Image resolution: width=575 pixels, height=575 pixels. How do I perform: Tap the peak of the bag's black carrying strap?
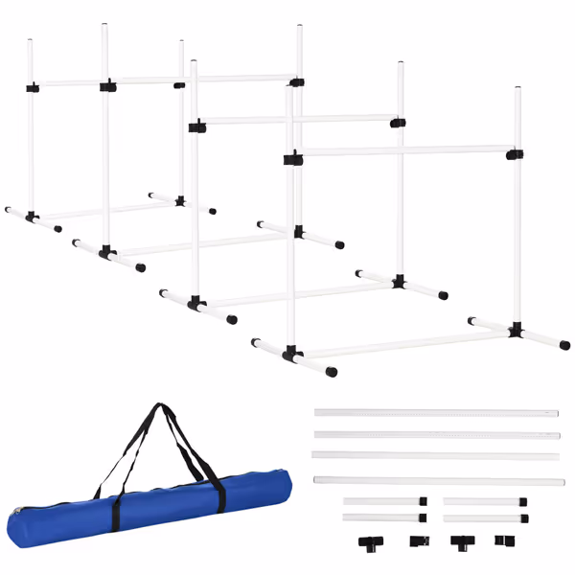click(x=159, y=407)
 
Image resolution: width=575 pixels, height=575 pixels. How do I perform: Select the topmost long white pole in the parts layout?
click(x=436, y=413)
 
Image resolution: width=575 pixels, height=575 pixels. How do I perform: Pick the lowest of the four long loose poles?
click(x=436, y=480)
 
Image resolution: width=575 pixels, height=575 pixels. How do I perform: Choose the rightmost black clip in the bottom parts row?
click(x=503, y=540)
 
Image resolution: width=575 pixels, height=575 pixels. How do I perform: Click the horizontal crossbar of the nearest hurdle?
click(x=402, y=151)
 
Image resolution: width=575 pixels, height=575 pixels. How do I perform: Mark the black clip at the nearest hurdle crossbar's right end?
click(x=515, y=153)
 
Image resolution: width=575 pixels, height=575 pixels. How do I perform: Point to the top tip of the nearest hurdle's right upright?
click(x=517, y=88)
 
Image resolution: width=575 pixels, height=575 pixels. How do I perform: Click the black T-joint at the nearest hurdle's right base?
click(x=517, y=331)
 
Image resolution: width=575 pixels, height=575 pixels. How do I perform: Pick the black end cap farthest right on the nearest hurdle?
click(x=564, y=345)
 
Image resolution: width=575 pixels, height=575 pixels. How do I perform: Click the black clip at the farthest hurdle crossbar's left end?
click(x=33, y=87)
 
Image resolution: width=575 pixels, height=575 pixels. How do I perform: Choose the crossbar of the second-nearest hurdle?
click(x=297, y=120)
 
